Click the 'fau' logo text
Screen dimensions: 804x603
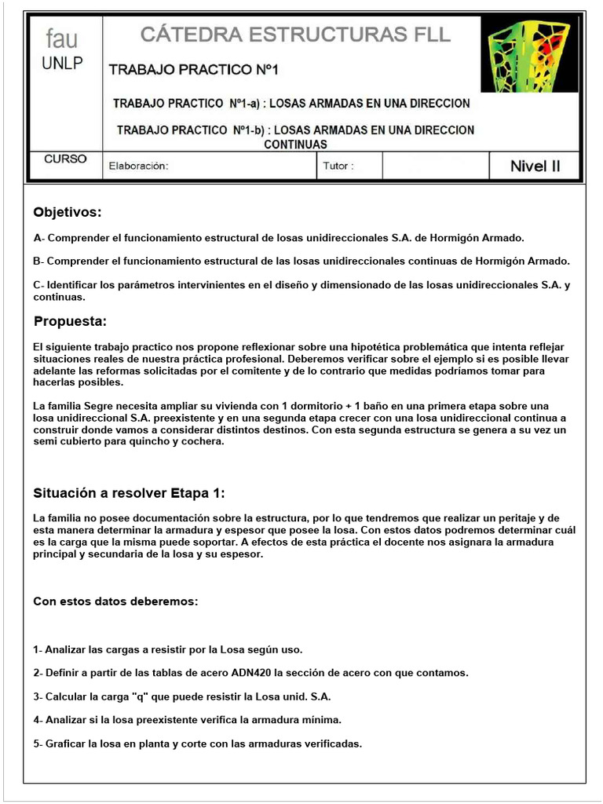click(62, 38)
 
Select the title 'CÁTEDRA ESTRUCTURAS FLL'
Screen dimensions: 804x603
click(295, 35)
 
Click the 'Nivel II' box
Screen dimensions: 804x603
click(535, 166)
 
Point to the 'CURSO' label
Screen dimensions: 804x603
click(65, 159)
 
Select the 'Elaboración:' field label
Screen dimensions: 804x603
click(139, 166)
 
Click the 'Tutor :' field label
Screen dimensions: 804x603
click(338, 166)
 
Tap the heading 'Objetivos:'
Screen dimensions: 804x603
click(68, 213)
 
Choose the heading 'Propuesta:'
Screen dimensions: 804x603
click(70, 321)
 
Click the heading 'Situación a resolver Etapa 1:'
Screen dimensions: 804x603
click(130, 493)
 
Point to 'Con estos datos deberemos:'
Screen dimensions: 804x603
click(115, 601)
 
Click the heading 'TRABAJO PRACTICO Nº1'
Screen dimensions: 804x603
click(194, 70)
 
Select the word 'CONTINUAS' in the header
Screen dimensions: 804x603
click(295, 144)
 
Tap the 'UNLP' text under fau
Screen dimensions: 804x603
click(62, 63)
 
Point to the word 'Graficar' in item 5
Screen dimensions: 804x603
click(68, 744)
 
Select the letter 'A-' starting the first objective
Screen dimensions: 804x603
click(38, 237)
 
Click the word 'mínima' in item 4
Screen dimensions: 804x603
click(323, 720)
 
